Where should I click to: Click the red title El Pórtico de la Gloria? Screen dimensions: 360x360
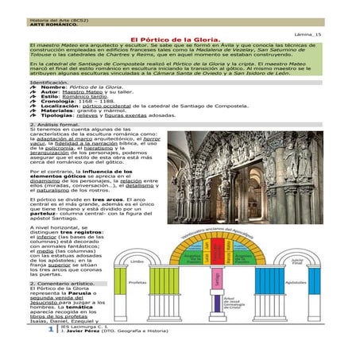pyautogui.click(x=181, y=37)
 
